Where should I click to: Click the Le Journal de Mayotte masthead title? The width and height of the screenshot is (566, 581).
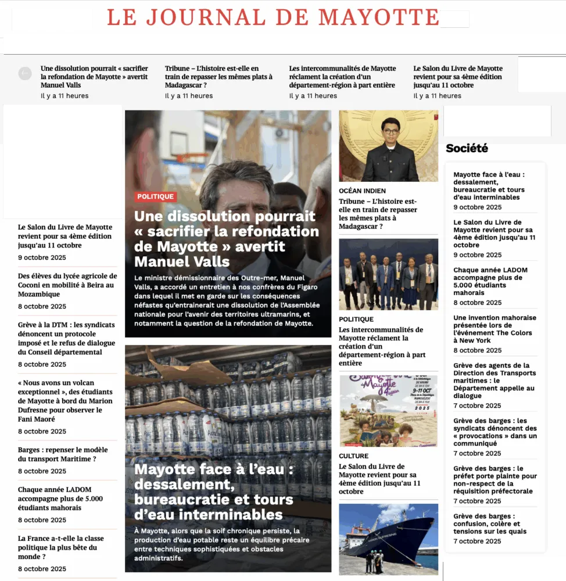click(x=273, y=17)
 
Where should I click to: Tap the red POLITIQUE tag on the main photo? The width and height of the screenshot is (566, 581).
click(x=155, y=196)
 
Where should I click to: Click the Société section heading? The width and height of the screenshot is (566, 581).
click(x=467, y=148)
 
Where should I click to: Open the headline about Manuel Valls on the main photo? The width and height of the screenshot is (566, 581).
click(x=226, y=238)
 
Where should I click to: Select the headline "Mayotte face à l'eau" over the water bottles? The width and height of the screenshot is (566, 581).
click(x=214, y=492)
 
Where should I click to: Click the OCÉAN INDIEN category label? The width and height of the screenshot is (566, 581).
click(x=362, y=191)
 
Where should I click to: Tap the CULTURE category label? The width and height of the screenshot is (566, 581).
click(x=353, y=456)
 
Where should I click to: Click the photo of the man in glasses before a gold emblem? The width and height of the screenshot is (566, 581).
click(x=388, y=146)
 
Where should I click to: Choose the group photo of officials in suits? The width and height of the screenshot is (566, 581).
click(x=388, y=274)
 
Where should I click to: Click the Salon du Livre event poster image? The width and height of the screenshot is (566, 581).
click(x=388, y=411)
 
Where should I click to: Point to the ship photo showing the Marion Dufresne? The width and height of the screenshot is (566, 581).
click(x=388, y=539)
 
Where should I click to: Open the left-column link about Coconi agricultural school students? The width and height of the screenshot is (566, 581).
click(x=67, y=285)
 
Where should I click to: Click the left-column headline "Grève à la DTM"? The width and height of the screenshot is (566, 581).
click(x=66, y=338)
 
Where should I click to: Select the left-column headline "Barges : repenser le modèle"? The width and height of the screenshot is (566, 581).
click(x=63, y=454)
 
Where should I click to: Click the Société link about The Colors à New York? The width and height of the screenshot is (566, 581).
click(x=495, y=329)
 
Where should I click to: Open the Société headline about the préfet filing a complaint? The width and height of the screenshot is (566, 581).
click(x=495, y=479)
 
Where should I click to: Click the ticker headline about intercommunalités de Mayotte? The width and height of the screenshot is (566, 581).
click(x=342, y=77)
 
